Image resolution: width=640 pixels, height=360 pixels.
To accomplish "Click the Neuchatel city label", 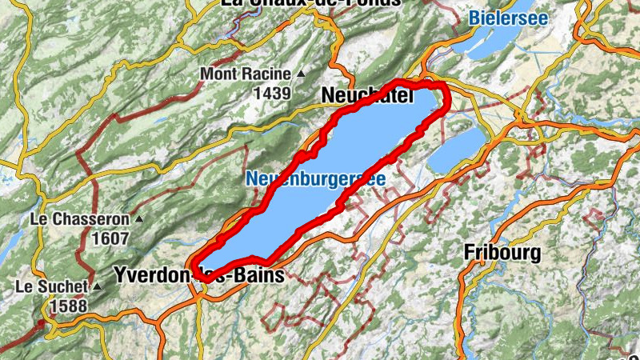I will pyautogui.click(x=366, y=96).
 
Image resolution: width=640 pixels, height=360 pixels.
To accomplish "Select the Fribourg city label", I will pyautogui.click(x=502, y=254).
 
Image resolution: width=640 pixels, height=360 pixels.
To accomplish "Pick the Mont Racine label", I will pyautogui.click(x=245, y=74).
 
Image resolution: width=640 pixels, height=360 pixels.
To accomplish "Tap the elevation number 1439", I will pyautogui.click(x=271, y=94).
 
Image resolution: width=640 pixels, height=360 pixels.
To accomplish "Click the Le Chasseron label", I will pyautogui.click(x=81, y=218).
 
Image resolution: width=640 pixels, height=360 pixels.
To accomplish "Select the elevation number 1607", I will pyautogui.click(x=110, y=238).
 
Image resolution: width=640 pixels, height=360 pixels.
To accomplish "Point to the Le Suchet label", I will pyautogui.click(x=50, y=286).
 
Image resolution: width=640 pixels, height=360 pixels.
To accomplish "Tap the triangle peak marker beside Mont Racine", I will pyautogui.click(x=301, y=74).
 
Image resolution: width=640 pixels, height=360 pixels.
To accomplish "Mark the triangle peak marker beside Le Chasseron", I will pyautogui.click(x=140, y=218).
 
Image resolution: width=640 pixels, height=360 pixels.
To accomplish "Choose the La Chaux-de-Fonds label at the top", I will pyautogui.click(x=310, y=3).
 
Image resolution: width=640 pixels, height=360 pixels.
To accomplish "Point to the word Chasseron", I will pyautogui.click(x=93, y=218).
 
